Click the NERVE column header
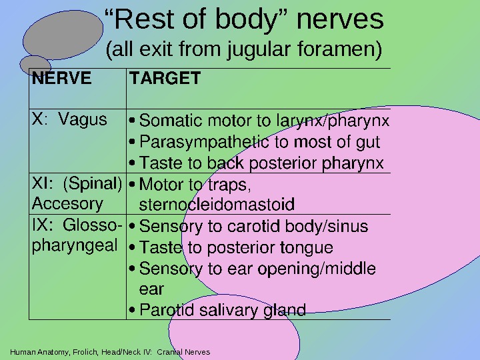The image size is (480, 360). pyautogui.click(x=62, y=79)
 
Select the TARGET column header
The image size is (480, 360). pyautogui.click(x=165, y=79)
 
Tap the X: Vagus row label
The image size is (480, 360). pyautogui.click(x=69, y=120)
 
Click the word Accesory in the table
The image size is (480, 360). pyautogui.click(x=67, y=203)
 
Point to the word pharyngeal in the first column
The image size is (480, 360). pyautogui.click(x=73, y=245)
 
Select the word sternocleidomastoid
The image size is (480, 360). pyautogui.click(x=217, y=203)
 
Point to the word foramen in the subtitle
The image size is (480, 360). pyautogui.click(x=333, y=49)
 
